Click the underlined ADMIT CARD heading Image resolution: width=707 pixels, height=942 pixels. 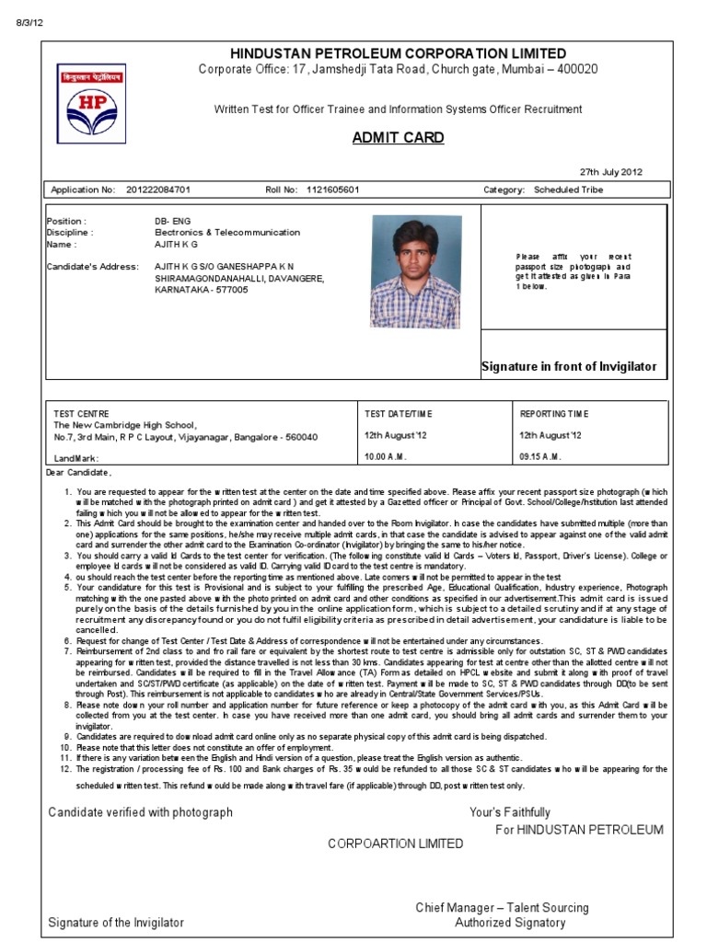[398, 138]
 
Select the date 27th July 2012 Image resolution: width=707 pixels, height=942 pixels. [611, 172]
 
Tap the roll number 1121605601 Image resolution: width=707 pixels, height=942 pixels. [332, 190]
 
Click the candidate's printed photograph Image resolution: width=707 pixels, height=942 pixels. [415, 271]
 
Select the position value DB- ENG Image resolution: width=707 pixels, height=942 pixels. [171, 222]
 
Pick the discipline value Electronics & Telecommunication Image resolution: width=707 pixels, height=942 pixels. [227, 233]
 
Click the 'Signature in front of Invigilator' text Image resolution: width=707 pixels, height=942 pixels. [569, 367]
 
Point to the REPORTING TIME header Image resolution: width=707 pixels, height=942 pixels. [555, 414]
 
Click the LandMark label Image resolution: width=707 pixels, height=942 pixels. [75, 458]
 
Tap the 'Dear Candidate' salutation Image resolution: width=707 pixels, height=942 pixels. [78, 473]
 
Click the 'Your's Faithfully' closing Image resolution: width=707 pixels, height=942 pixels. [509, 812]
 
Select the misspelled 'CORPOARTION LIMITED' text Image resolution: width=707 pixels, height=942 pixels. [396, 844]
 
